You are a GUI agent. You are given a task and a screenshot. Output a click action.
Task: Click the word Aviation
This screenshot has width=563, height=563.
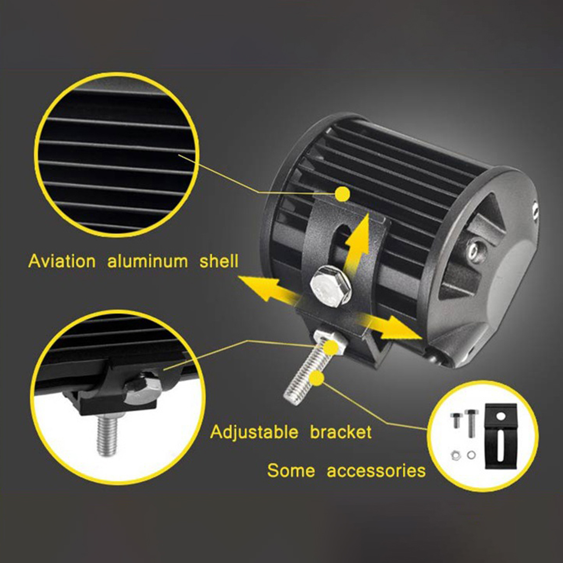(62, 261)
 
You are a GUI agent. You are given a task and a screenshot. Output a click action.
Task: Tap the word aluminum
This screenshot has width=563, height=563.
(148, 261)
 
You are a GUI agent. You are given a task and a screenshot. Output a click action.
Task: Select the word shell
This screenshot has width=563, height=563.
(219, 261)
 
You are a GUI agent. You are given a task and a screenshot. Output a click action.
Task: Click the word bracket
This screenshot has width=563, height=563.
(341, 432)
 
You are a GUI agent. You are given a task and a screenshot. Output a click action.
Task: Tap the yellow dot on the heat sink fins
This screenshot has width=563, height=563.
(342, 193)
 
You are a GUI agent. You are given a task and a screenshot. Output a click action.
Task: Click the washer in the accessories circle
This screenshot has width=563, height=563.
(471, 455)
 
